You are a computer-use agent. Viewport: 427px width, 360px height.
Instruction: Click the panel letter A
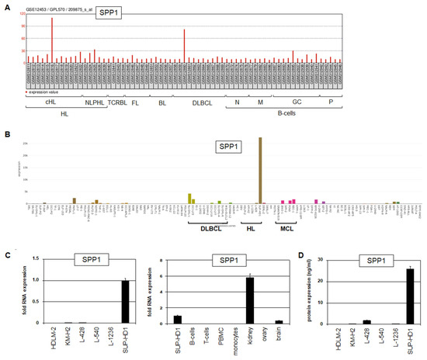click(5, 5)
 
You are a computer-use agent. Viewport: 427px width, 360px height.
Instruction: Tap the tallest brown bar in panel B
click(260, 171)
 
